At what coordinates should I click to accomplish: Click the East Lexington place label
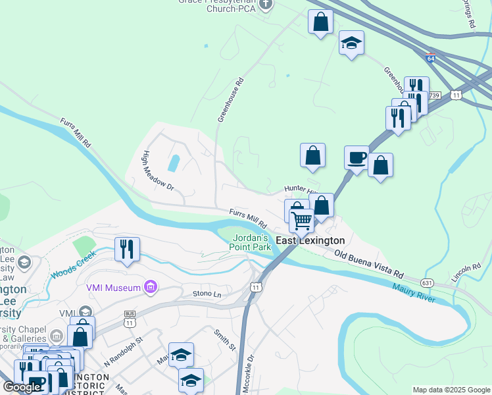pos(310,241)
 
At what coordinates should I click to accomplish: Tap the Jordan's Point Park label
pos(250,242)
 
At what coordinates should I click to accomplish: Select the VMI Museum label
pos(114,288)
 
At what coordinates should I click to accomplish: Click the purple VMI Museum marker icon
pos(151,287)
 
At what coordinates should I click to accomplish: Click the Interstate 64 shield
pos(431,59)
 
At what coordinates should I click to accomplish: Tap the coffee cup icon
pos(357,157)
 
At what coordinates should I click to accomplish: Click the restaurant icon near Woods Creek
pos(127,248)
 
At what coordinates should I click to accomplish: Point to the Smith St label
pos(224,338)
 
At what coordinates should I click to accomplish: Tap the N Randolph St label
pos(124,352)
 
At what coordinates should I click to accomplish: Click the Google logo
pos(22,387)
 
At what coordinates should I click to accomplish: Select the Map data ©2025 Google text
pos(451,390)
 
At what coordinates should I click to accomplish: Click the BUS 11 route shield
pos(130,319)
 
